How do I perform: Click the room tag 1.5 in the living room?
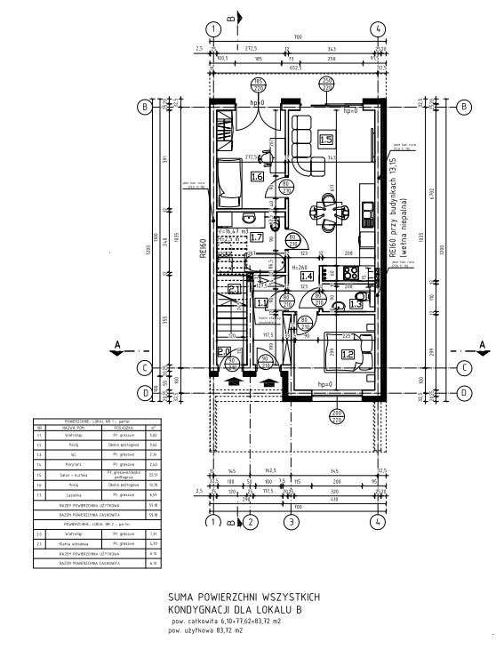(x=325, y=139)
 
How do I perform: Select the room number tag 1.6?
(x=257, y=176)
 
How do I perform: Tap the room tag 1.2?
(x=323, y=354)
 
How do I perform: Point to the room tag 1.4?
(x=308, y=277)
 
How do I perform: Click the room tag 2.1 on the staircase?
(x=235, y=289)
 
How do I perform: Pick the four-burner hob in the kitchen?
(x=350, y=273)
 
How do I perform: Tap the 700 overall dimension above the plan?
(x=298, y=36)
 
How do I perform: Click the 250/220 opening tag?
(x=327, y=84)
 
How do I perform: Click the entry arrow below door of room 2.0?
(x=234, y=381)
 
